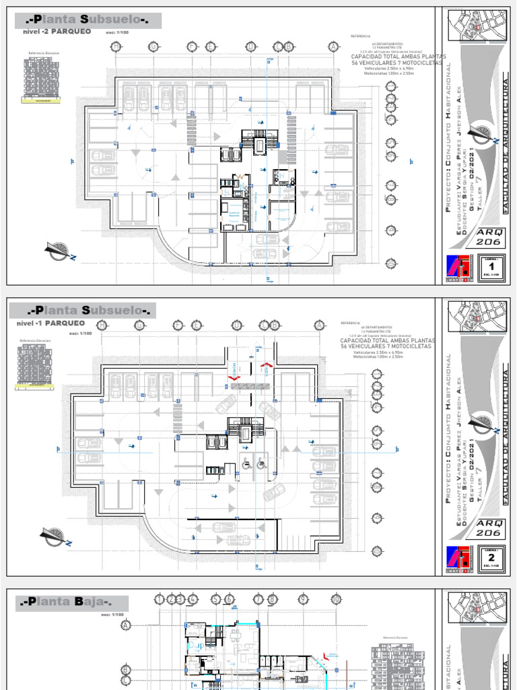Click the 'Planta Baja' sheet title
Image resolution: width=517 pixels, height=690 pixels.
click(65, 602)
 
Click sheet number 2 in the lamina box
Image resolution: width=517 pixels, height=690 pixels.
click(491, 558)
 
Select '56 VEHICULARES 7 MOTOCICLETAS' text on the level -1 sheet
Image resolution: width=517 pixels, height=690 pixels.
click(388, 347)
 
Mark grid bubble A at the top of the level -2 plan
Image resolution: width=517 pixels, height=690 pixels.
click(332, 46)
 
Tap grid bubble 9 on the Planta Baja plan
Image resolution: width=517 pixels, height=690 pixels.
click(303, 598)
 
